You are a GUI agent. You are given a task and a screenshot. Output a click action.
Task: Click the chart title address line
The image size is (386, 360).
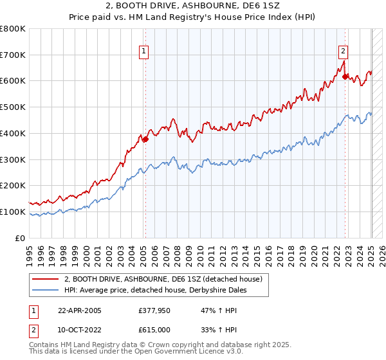pyautogui.click(x=193, y=6)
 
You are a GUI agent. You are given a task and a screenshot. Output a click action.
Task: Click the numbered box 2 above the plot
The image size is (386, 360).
pyautogui.click(x=344, y=51)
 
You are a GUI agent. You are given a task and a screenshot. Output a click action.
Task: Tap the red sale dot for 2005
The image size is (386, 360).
pyautogui.click(x=146, y=138)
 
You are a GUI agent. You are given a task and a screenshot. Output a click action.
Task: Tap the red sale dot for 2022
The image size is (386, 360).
pyautogui.click(x=345, y=76)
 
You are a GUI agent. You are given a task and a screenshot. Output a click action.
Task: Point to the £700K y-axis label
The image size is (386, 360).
pyautogui.click(x=13, y=55)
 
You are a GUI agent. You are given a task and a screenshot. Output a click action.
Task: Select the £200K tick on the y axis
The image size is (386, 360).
pyautogui.click(x=13, y=185)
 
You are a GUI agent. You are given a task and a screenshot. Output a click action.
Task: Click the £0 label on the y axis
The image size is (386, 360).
pyautogui.click(x=21, y=238)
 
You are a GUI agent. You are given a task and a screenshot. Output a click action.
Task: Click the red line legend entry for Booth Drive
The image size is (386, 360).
pyautogui.click(x=163, y=280)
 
